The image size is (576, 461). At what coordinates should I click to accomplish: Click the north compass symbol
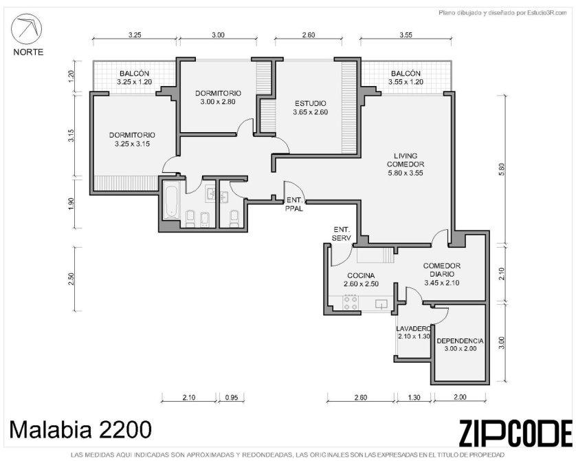(x=26, y=29)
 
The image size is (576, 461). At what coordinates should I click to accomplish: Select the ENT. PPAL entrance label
(x=295, y=205)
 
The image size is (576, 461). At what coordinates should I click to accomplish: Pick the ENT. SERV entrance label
(x=342, y=233)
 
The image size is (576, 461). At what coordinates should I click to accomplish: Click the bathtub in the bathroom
(x=171, y=202)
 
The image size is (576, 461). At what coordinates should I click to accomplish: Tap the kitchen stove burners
(x=350, y=303)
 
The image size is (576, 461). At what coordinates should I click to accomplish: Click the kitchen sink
(x=381, y=303)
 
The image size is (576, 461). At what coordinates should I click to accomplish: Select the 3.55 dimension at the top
(x=406, y=35)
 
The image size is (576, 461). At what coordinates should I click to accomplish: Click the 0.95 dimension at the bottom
(x=232, y=397)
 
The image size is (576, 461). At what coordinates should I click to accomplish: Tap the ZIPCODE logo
(x=516, y=433)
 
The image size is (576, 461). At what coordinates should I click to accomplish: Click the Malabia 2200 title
(x=80, y=429)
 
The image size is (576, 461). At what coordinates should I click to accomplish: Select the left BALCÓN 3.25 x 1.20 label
(x=135, y=78)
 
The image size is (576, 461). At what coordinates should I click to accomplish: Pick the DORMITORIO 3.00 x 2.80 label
(x=218, y=98)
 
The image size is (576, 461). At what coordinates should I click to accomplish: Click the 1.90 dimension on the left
(x=71, y=203)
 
